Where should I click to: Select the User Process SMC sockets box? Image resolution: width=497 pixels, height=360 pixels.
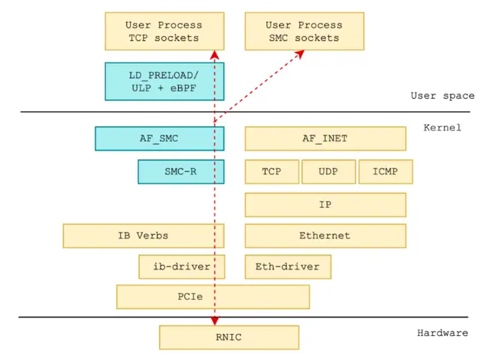(304, 31)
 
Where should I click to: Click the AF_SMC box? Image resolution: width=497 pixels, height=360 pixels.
(159, 138)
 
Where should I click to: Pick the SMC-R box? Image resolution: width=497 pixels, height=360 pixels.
(181, 172)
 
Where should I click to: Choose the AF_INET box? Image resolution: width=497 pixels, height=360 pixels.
(325, 138)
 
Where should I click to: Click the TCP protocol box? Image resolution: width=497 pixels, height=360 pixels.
(272, 172)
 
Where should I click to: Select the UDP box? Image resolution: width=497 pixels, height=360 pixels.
(329, 172)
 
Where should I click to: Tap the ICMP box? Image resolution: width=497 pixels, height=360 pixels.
(385, 172)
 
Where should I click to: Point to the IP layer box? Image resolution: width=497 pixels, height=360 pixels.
(325, 205)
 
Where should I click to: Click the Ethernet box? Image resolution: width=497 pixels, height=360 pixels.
(325, 236)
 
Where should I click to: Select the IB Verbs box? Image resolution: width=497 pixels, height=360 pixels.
(143, 236)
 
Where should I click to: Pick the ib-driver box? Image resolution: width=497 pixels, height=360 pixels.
(182, 266)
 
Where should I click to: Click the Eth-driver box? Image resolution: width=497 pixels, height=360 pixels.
(287, 266)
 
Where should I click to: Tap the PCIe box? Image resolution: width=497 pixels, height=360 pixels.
(213, 297)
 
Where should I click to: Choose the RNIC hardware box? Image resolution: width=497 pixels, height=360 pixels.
(228, 337)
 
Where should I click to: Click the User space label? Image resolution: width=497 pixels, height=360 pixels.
(442, 96)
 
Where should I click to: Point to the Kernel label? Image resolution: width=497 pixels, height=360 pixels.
(442, 128)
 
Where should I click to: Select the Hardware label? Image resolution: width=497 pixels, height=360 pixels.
(442, 333)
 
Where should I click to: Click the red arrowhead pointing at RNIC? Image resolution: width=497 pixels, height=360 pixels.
(215, 321)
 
